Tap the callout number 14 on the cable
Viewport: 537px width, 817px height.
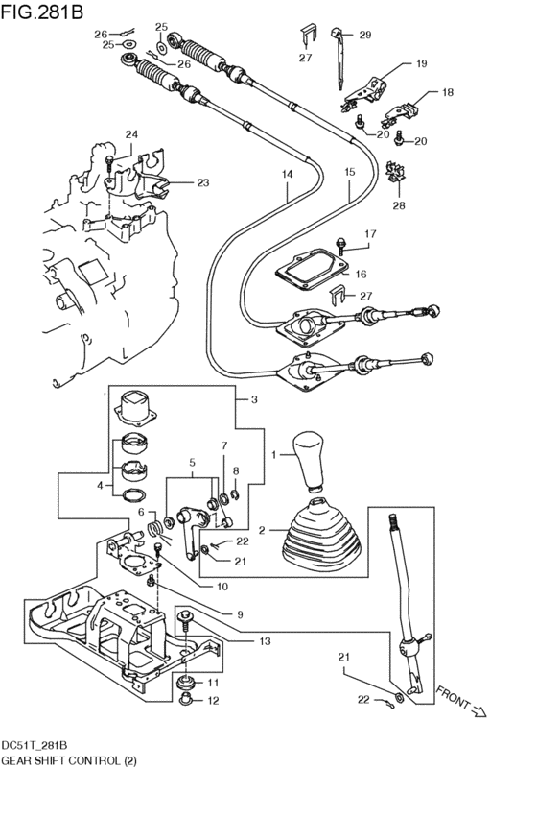(286, 175)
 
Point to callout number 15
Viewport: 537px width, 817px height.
(349, 173)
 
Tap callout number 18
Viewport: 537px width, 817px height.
(446, 93)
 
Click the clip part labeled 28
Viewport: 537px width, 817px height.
(393, 177)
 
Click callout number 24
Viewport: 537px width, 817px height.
(131, 134)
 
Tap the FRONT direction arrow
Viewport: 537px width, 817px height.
(466, 703)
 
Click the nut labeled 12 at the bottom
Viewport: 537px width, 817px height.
(187, 700)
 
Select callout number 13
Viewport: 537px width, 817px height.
(264, 639)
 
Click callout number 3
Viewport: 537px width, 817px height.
(254, 399)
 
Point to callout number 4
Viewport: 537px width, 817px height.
(99, 486)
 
